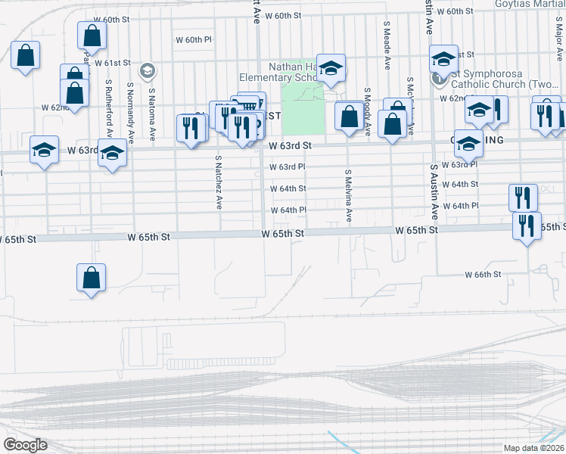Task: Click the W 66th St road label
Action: point(483,275)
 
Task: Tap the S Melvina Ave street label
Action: point(349,195)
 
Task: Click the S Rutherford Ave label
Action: point(109,103)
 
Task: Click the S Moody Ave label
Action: point(366,112)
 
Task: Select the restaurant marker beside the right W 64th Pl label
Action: point(523,197)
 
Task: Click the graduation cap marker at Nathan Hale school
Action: point(331,67)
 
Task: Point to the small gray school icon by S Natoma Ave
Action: point(148,71)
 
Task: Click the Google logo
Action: point(25,445)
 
